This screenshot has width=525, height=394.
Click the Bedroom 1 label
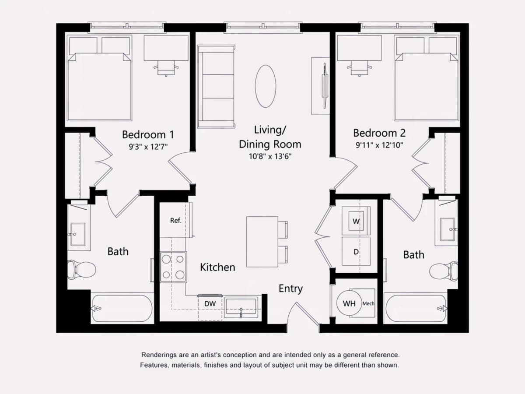coord(148,135)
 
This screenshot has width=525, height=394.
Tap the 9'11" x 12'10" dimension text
coord(379,145)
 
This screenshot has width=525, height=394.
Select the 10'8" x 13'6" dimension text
coord(270,156)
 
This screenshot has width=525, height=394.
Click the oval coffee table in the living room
coord(266,86)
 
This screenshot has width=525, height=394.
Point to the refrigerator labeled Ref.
coord(176,220)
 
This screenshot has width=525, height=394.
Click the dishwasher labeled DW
coord(210,307)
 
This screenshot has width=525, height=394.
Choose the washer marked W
coord(356,221)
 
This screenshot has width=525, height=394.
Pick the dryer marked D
coord(356,251)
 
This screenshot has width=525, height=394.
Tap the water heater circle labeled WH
coord(349,303)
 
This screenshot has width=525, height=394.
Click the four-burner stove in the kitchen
coord(173,267)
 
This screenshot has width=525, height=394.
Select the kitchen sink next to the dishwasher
coord(241,307)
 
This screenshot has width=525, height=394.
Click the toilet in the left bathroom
coord(81,270)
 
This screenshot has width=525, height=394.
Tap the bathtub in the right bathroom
coord(416,309)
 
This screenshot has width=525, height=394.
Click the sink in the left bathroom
coord(78,235)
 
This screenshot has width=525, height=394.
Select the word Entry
coord(290,289)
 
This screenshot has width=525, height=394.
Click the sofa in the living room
coord(216,86)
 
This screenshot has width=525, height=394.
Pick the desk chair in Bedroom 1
coord(166,68)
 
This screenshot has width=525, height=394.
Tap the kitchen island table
coord(262,242)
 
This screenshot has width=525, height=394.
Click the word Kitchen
coord(217,267)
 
